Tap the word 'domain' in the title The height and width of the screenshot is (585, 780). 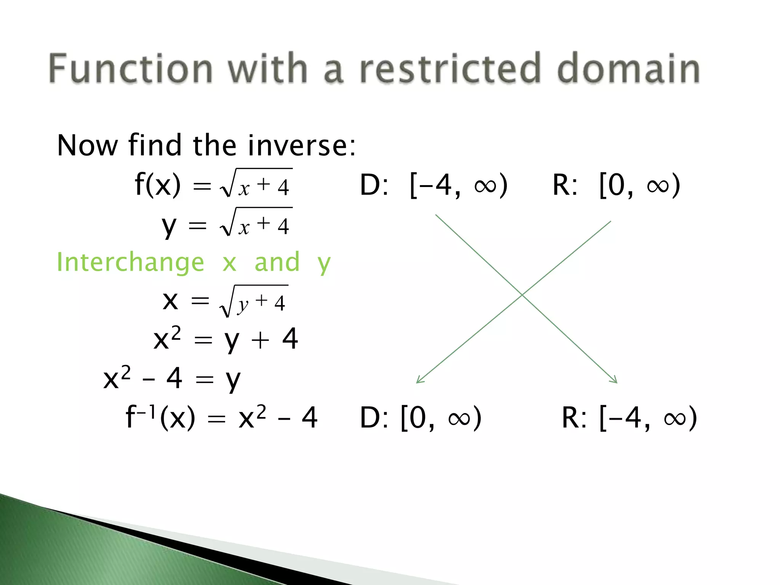click(628, 69)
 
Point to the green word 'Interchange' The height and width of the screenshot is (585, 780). click(130, 263)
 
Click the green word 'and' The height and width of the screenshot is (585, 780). click(277, 263)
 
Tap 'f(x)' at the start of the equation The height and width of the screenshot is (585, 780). click(158, 185)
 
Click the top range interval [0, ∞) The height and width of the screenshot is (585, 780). click(639, 186)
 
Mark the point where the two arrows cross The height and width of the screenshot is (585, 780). click(523, 294)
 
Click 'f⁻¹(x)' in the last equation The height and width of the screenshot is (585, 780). click(160, 417)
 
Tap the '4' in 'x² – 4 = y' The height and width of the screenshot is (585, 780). click(174, 379)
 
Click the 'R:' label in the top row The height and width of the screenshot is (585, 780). click(565, 186)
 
